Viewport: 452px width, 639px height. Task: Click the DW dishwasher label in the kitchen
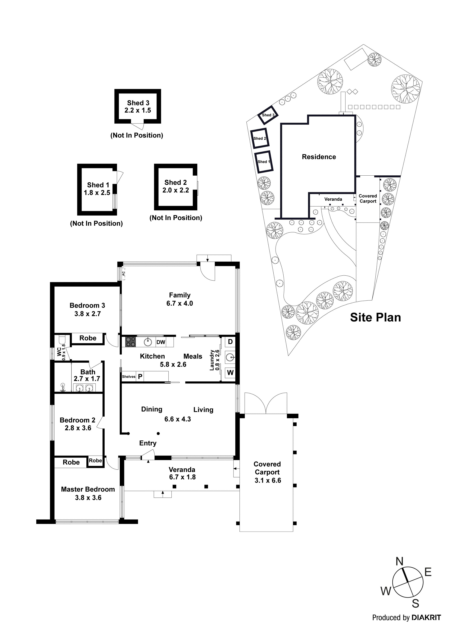[x=161, y=342]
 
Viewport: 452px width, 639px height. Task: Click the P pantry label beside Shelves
[x=140, y=377]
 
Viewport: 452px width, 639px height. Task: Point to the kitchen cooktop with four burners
[x=130, y=342]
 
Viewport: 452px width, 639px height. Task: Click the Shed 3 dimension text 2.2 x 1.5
[x=138, y=111]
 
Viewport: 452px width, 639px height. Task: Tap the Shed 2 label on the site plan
[x=260, y=139]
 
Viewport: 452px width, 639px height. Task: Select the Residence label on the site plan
[x=319, y=157]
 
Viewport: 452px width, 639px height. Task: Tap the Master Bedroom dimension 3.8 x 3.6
[x=88, y=498]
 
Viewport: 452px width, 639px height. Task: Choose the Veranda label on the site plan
[x=333, y=199]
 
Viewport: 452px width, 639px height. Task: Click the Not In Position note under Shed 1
[x=96, y=224]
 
